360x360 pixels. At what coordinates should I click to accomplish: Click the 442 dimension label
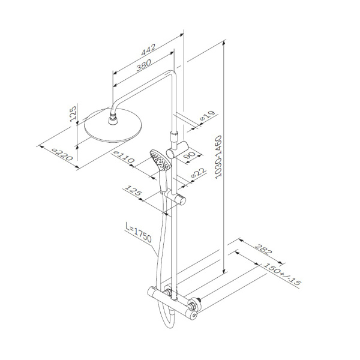point(148,50)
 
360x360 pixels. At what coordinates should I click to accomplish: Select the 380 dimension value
point(144,65)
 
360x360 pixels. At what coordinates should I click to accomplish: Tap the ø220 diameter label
point(62,154)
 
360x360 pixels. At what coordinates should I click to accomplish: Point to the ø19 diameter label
point(208,115)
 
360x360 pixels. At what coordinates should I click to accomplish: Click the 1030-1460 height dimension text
point(219,157)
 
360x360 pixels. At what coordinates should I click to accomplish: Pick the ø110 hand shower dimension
point(124,157)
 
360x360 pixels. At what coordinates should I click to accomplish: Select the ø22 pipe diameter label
point(199,173)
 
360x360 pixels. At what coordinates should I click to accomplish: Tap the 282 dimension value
point(263,250)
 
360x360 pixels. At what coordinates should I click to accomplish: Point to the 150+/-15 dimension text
point(281,274)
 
